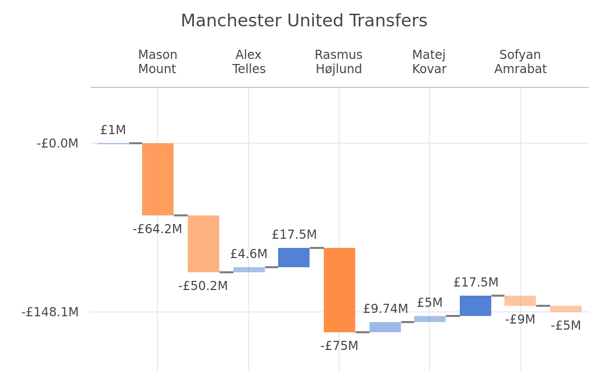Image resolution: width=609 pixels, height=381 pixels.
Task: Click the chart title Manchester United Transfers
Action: pyautogui.click(x=304, y=21)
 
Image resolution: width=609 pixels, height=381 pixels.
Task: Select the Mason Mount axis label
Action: pyautogui.click(x=157, y=62)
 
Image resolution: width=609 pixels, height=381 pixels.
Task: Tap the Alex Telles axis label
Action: pyautogui.click(x=249, y=62)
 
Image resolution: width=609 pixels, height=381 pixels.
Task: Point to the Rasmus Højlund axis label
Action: pyautogui.click(x=339, y=62)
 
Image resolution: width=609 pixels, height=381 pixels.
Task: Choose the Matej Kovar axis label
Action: pyautogui.click(x=429, y=62)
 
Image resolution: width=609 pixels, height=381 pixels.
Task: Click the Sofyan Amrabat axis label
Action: pyautogui.click(x=520, y=62)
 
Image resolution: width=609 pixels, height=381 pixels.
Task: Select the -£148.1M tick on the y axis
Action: pyautogui.click(x=50, y=312)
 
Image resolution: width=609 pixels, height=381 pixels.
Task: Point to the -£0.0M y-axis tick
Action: pyautogui.click(x=57, y=143)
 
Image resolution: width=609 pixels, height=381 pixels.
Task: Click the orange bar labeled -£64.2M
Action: pyautogui.click(x=158, y=179)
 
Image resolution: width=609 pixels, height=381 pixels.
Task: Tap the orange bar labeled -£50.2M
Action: pyautogui.click(x=204, y=243)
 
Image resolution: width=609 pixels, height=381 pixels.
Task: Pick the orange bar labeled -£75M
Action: pyautogui.click(x=340, y=290)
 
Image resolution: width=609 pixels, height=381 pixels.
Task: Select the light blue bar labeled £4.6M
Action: pyautogui.click(x=249, y=270)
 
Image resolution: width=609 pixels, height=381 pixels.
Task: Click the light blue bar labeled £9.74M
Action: pyautogui.click(x=385, y=327)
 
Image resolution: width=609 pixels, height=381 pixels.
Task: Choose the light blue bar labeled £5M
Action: pyautogui.click(x=429, y=319)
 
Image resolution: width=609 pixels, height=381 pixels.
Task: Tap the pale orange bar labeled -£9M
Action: pyautogui.click(x=520, y=300)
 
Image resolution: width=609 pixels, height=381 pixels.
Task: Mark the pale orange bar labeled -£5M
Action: pyautogui.click(x=566, y=309)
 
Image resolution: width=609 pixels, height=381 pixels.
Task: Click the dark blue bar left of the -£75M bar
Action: pyautogui.click(x=294, y=258)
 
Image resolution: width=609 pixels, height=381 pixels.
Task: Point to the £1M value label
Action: pyautogui.click(x=113, y=130)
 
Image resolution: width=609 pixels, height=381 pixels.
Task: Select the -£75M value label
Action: pyautogui.click(x=340, y=346)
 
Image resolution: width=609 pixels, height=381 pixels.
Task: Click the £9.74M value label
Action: pyautogui.click(x=386, y=309)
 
